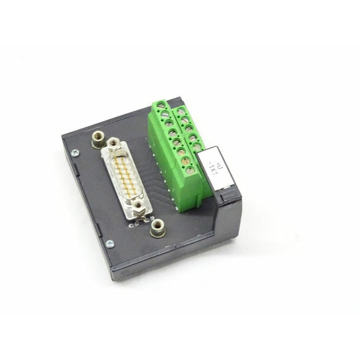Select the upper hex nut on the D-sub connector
pos(114,145)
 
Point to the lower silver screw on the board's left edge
pos(110,243)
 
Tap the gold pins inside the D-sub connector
pos(126,176)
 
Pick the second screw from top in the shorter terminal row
pos(185,120)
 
